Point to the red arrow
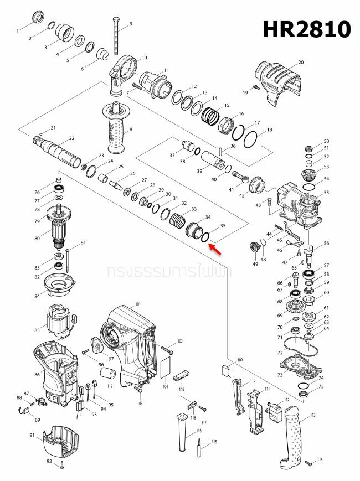click(x=217, y=250)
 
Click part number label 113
click(x=313, y=415)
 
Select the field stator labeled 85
click(x=61, y=324)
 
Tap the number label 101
click(x=138, y=304)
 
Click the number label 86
click(x=37, y=375)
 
